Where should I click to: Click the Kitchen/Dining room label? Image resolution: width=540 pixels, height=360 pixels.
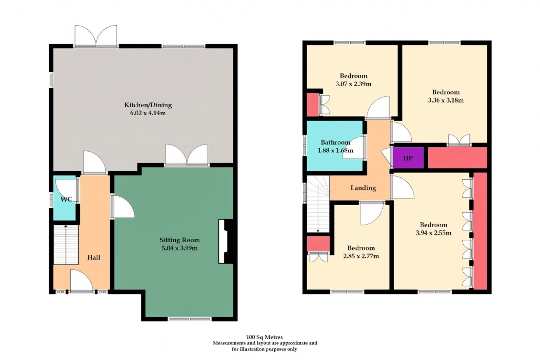coord(148,105)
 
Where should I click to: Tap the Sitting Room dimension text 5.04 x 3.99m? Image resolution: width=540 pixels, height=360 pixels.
coord(180,248)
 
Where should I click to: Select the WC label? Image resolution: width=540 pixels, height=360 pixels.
coord(66,199)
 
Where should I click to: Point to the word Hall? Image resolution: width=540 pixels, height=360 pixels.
coord(94,257)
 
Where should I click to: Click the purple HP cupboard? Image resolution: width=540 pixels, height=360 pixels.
coord(408,158)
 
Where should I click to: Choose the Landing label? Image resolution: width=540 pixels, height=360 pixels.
coord(363,188)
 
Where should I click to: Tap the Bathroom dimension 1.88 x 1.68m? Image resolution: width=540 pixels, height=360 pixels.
coord(335,151)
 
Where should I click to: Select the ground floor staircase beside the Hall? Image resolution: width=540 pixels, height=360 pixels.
coord(66,245)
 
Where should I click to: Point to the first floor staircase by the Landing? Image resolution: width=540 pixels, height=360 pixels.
coord(318,204)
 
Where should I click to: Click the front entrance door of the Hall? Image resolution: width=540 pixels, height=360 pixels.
coord(81,281)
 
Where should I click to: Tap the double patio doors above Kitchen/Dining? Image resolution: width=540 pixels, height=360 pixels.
coord(96,36)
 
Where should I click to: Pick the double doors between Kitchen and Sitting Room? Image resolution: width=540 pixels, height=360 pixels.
coord(187,155)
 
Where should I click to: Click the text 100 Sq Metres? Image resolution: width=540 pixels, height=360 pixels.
coord(265,337)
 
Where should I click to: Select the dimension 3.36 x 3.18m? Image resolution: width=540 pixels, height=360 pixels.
coord(446,100)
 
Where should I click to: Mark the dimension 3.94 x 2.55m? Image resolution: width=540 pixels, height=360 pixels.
coord(433,233)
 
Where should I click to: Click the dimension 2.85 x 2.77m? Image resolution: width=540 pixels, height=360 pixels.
coord(361,256)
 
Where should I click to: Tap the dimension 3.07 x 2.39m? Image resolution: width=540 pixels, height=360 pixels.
coord(354,84)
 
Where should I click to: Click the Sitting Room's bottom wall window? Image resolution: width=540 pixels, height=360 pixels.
coord(190,319)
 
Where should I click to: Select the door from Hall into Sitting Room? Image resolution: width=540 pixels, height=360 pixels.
coord(122,207)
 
